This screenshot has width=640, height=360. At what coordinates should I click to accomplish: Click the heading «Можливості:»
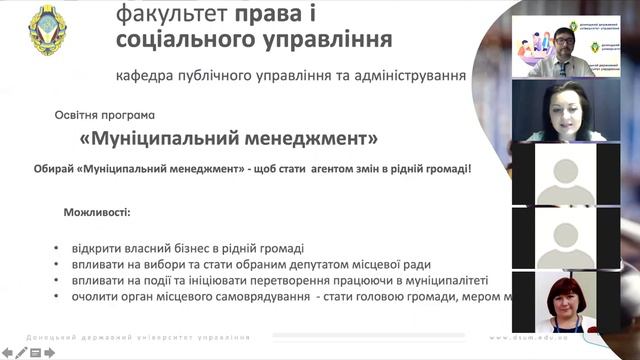[97, 213]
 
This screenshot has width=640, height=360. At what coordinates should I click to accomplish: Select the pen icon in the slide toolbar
[21, 352]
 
